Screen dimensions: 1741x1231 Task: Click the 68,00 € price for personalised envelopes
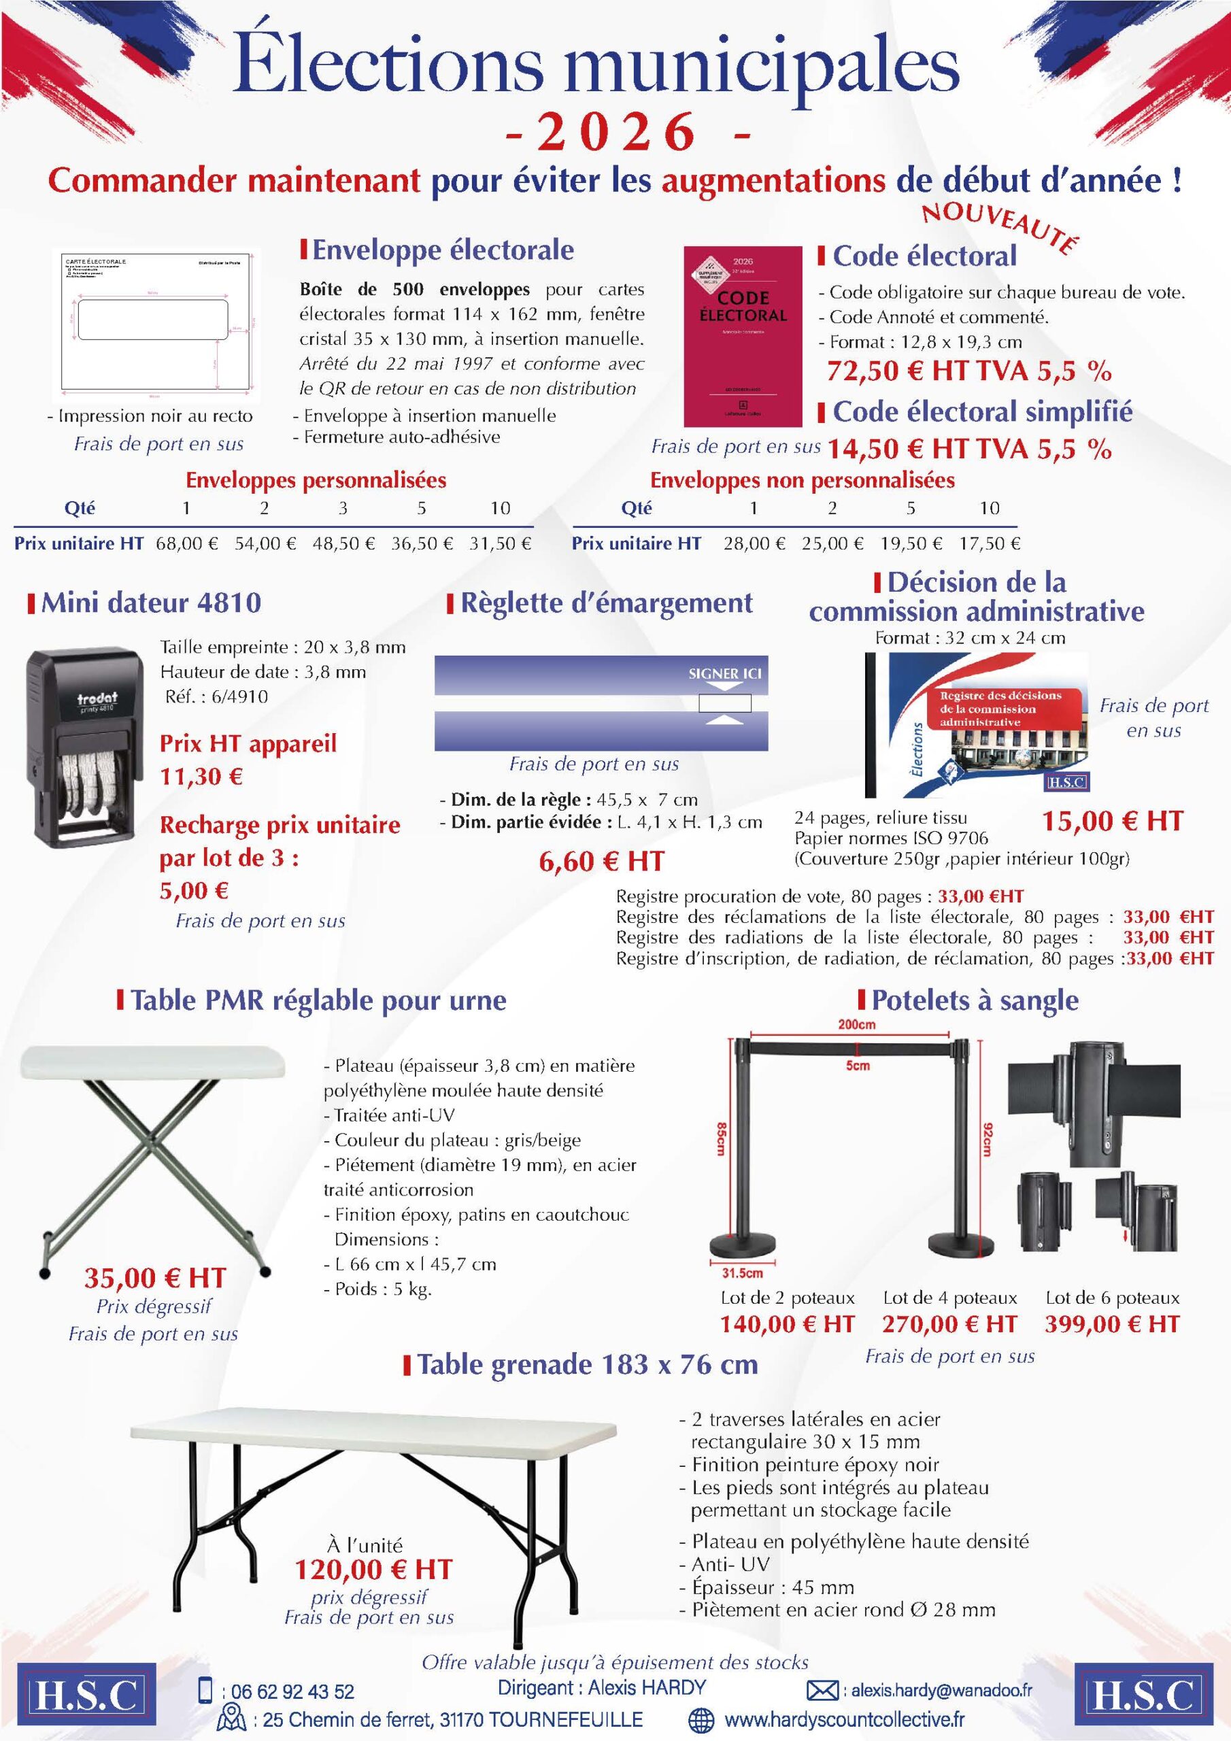click(186, 543)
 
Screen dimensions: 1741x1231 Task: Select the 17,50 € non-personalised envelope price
click(989, 543)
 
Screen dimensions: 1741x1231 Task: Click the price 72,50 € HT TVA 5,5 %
click(968, 371)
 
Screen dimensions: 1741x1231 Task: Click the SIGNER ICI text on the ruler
click(724, 673)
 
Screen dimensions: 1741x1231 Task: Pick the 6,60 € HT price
click(601, 862)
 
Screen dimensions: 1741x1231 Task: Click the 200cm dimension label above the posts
click(856, 1024)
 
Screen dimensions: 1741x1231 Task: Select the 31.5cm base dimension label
click(742, 1273)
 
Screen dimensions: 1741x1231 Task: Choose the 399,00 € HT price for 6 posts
click(1112, 1325)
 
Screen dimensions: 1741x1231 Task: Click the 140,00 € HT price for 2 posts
click(788, 1325)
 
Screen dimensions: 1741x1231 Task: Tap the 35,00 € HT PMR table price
click(155, 1278)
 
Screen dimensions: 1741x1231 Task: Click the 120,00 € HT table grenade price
click(373, 1568)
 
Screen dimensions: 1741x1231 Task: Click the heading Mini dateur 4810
click(151, 602)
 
